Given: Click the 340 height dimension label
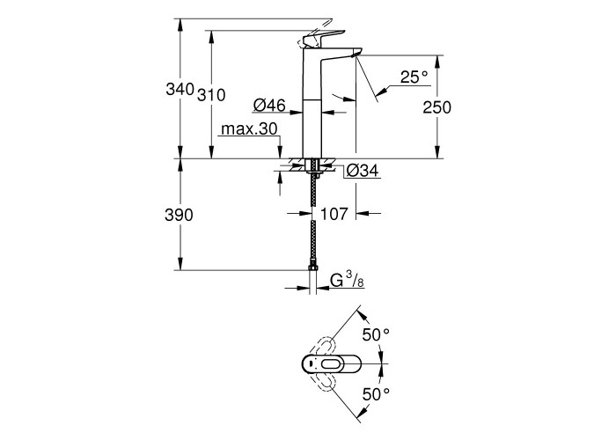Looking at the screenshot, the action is pyautogui.click(x=180, y=90).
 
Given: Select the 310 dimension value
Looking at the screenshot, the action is pyautogui.click(x=211, y=95).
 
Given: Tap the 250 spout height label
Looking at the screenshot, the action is pyautogui.click(x=436, y=107).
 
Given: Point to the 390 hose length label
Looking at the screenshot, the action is pyautogui.click(x=179, y=216).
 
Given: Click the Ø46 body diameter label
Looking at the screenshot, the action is pyautogui.click(x=269, y=105).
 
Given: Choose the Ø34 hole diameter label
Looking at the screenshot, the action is pyautogui.click(x=363, y=171).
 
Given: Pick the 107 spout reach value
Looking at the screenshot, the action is pyautogui.click(x=334, y=214).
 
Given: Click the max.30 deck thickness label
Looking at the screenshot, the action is pyautogui.click(x=249, y=128).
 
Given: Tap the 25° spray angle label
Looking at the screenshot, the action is pyautogui.click(x=414, y=77).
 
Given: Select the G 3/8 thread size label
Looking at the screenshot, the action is pyautogui.click(x=347, y=280).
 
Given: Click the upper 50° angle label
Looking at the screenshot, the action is pyautogui.click(x=376, y=334).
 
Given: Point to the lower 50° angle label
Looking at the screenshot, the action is pyautogui.click(x=376, y=394).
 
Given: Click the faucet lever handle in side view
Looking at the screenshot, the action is pyautogui.click(x=323, y=38).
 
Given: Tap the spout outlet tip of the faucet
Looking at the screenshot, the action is pyautogui.click(x=356, y=55).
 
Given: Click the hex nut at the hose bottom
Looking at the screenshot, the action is pyautogui.click(x=312, y=268).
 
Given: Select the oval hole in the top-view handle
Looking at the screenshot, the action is pyautogui.click(x=334, y=364).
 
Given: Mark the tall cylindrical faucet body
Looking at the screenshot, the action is pyautogui.click(x=312, y=103).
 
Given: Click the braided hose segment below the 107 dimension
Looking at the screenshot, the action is pyautogui.click(x=313, y=242).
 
